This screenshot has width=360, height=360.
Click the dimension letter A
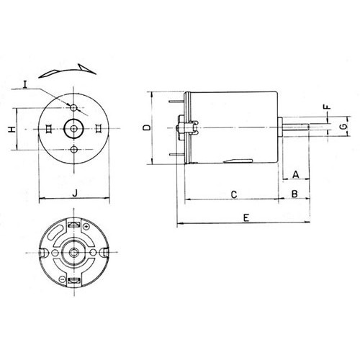click(295, 173)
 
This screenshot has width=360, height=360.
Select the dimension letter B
click(295, 194)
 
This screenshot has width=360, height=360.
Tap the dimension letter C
click(234, 194)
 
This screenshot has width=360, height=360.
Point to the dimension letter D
click(146, 127)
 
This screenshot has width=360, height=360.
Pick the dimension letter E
click(247, 217)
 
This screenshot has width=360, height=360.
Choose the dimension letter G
click(343, 127)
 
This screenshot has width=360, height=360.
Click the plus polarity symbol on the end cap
click(87, 228)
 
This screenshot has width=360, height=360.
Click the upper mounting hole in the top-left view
click(75, 107)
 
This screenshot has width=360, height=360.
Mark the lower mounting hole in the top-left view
click(75, 149)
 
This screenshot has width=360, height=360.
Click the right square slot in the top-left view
click(98, 127)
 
